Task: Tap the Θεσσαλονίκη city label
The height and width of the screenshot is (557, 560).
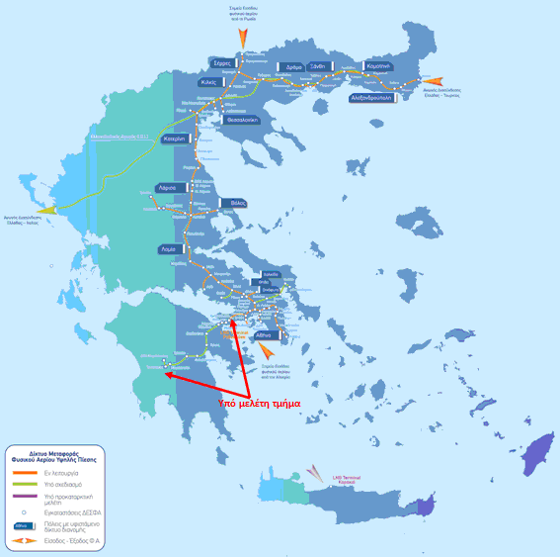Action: point(240,120)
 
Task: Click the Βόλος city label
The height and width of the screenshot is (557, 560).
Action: point(235,203)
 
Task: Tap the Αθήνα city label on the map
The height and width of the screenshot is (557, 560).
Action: point(265,336)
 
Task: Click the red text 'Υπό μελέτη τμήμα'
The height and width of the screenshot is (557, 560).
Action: point(259,402)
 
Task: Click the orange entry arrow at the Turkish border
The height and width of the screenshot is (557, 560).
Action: point(434,81)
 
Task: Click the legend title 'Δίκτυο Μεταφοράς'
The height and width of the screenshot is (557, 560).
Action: point(55,451)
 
